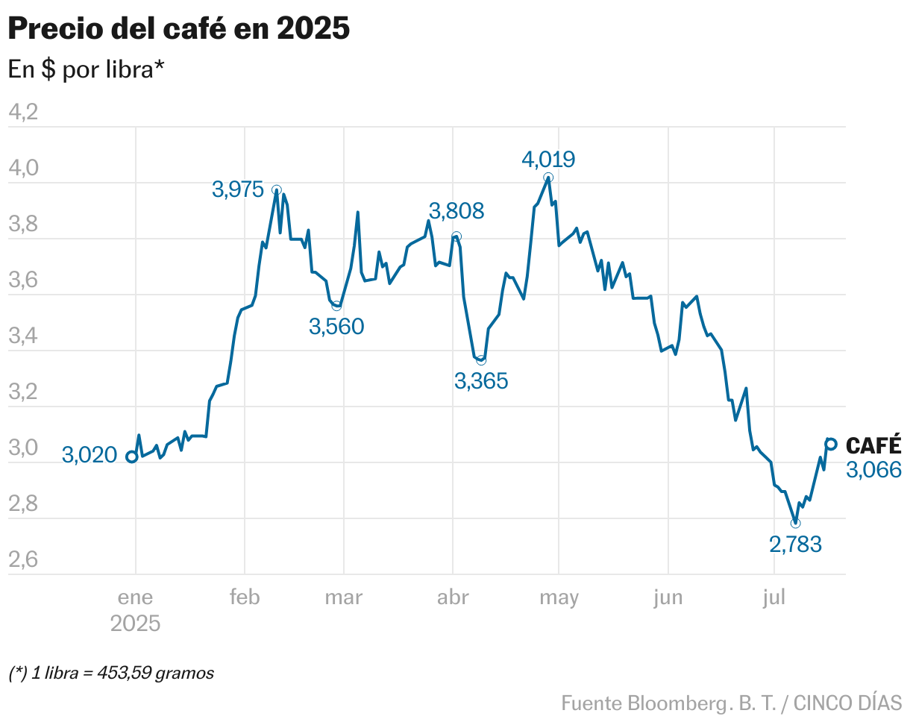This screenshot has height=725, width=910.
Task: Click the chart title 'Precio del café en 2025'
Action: [x=178, y=29]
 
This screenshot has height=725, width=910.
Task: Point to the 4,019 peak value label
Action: [x=548, y=159]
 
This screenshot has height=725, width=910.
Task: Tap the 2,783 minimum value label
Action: [x=795, y=544]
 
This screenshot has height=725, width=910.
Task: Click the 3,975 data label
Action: [x=238, y=189]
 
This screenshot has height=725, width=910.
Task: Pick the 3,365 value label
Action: [x=481, y=381]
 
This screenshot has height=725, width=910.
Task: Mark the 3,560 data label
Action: [x=336, y=326]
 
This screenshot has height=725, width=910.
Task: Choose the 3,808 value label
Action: [x=456, y=211]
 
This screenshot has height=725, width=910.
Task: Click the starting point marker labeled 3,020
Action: [x=132, y=456]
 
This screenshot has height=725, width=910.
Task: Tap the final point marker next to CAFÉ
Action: [x=831, y=444]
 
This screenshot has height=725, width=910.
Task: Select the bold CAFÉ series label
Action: [x=873, y=445]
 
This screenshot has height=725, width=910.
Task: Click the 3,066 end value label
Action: [x=873, y=469]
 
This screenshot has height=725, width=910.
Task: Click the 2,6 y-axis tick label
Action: [x=22, y=559]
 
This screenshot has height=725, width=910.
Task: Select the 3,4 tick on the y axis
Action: [x=22, y=336]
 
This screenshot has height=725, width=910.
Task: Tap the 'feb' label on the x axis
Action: [x=245, y=597]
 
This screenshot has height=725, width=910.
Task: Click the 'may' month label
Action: [x=559, y=597]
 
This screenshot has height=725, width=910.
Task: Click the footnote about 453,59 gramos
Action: [x=111, y=673]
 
